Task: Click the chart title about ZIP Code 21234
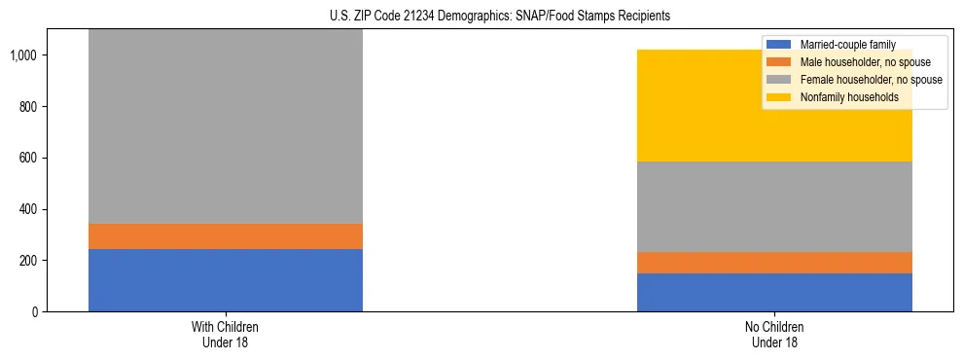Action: pyautogui.click(x=481, y=17)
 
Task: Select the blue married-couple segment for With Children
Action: pyautogui.click(x=226, y=280)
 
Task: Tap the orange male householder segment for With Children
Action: pyautogui.click(x=226, y=236)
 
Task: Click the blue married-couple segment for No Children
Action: pyautogui.click(x=774, y=292)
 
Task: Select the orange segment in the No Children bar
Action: pyautogui.click(x=774, y=263)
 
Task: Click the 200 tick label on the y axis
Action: pyautogui.click(x=32, y=261)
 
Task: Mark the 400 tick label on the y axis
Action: pyautogui.click(x=32, y=209)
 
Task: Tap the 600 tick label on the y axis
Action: pyautogui.click(x=32, y=158)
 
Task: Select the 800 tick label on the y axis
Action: pyautogui.click(x=32, y=106)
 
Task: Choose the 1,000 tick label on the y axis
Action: pyautogui.click(x=26, y=55)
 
